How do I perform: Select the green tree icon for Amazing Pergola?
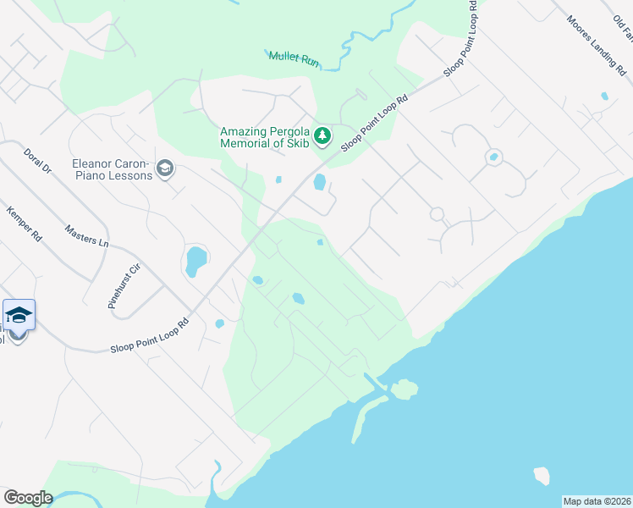coord(322,135)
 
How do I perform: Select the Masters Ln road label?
coord(87,235)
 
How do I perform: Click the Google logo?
coord(27,498)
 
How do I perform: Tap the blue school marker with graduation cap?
coord(19,317)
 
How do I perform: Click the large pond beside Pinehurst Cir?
coord(195,262)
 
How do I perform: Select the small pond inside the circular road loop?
coord(493,157)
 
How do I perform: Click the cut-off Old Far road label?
coord(622,26)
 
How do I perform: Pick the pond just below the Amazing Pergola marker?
coord(320,182)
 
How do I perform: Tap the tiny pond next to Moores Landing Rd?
coord(604,96)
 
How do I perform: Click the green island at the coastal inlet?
coord(405,389)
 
